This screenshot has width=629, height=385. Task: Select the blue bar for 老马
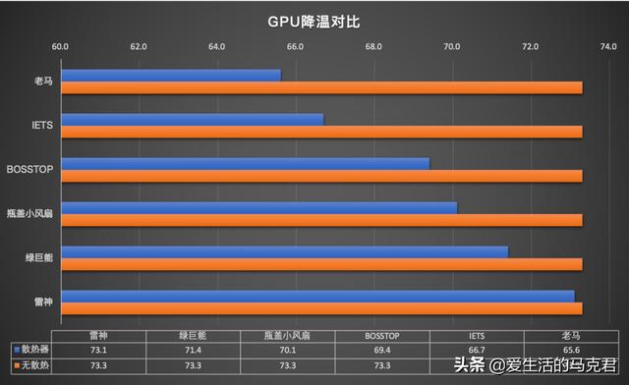click(x=170, y=75)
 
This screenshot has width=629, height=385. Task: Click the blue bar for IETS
click(x=192, y=119)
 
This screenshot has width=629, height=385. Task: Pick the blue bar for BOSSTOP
click(x=245, y=163)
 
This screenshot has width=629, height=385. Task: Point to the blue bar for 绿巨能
click(x=284, y=251)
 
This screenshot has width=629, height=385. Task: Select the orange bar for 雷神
click(x=321, y=308)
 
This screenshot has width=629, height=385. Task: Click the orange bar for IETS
click(x=321, y=132)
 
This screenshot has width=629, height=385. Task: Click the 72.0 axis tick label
click(x=531, y=46)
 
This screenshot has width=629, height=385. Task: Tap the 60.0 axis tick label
click(x=60, y=46)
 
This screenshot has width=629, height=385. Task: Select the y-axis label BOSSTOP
click(x=30, y=169)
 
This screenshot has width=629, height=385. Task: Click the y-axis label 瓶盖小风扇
click(x=30, y=213)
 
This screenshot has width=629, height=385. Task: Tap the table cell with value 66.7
click(x=477, y=349)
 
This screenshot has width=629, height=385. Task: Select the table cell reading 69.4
click(x=381, y=349)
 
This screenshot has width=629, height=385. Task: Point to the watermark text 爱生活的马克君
click(x=558, y=366)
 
